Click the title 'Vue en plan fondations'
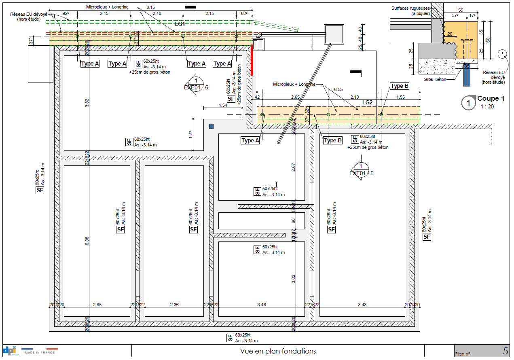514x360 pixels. [278, 351]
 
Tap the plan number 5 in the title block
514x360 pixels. [506, 351]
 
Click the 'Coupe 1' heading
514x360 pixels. [491, 99]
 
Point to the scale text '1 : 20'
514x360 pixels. [487, 106]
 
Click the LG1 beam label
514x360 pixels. [180, 24]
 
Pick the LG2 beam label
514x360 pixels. [367, 103]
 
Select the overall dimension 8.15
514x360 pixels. [150, 7]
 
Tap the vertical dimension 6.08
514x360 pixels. [87, 241]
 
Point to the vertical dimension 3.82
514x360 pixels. [87, 103]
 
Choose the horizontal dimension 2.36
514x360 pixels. [174, 304]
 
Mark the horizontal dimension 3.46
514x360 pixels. [261, 304]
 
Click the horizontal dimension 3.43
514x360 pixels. [362, 304]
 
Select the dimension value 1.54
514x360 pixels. [222, 105]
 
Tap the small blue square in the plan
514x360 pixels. [211, 126]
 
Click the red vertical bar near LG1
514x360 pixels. [252, 60]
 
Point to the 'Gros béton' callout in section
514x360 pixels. [435, 79]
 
